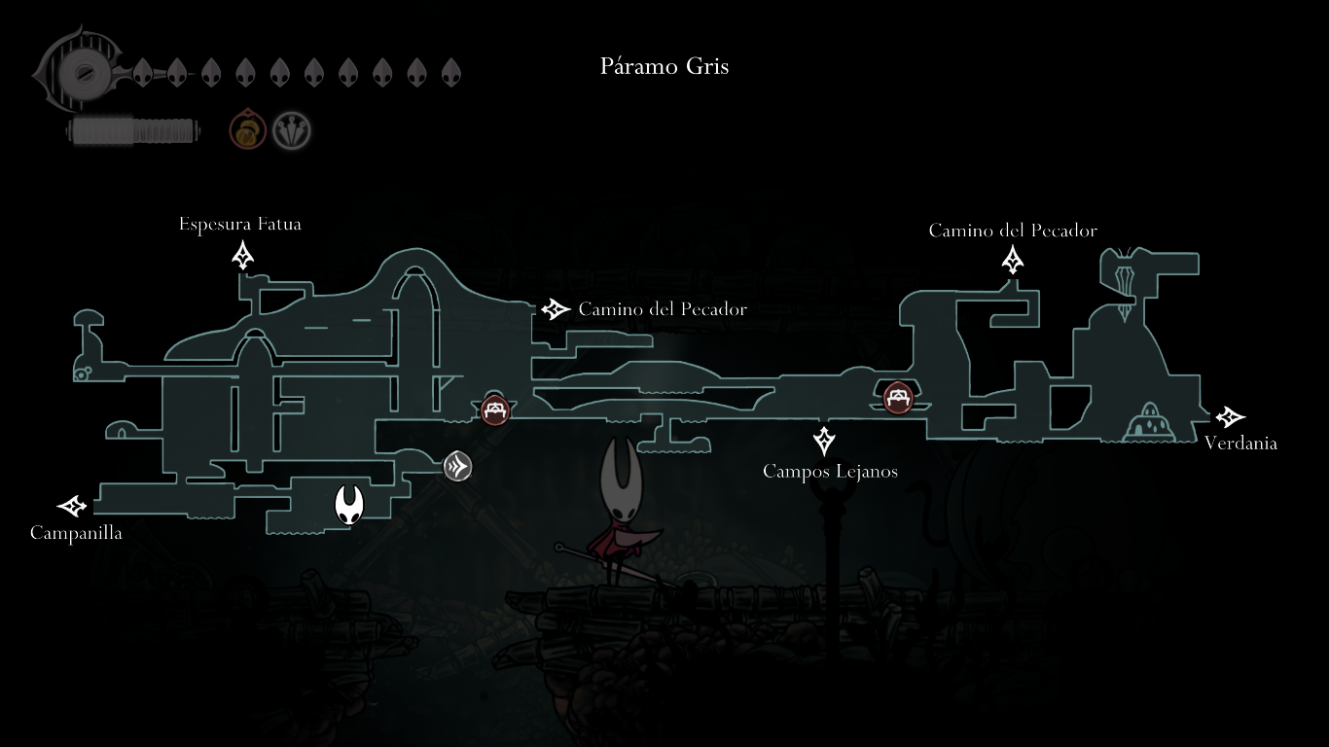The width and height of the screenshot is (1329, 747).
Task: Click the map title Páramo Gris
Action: (664, 66)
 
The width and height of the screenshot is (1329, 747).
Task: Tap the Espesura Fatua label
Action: (240, 224)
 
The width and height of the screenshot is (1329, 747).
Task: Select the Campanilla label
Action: (76, 533)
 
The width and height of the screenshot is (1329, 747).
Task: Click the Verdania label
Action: (1240, 444)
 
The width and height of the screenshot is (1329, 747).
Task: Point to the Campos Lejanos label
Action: (830, 471)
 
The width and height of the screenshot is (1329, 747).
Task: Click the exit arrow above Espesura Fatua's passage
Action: (242, 255)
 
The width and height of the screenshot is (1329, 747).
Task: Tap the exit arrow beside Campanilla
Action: (72, 506)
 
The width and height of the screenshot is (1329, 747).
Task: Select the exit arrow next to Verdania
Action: (1230, 417)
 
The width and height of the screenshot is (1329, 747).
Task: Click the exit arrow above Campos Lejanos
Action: (824, 441)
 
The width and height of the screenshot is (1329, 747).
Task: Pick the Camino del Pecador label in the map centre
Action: (663, 309)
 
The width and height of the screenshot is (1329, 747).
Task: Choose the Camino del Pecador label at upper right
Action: (1013, 231)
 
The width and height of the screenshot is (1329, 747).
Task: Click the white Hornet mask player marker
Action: (349, 505)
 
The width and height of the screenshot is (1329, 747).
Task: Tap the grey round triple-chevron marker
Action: (457, 466)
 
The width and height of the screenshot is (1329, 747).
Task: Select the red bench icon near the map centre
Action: (495, 409)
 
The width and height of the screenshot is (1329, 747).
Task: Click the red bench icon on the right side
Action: (898, 398)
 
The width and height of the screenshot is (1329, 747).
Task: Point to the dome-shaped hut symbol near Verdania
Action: (1149, 422)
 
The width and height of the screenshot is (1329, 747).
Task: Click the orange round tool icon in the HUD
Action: (247, 129)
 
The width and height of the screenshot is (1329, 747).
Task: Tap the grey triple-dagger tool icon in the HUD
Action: (291, 130)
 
